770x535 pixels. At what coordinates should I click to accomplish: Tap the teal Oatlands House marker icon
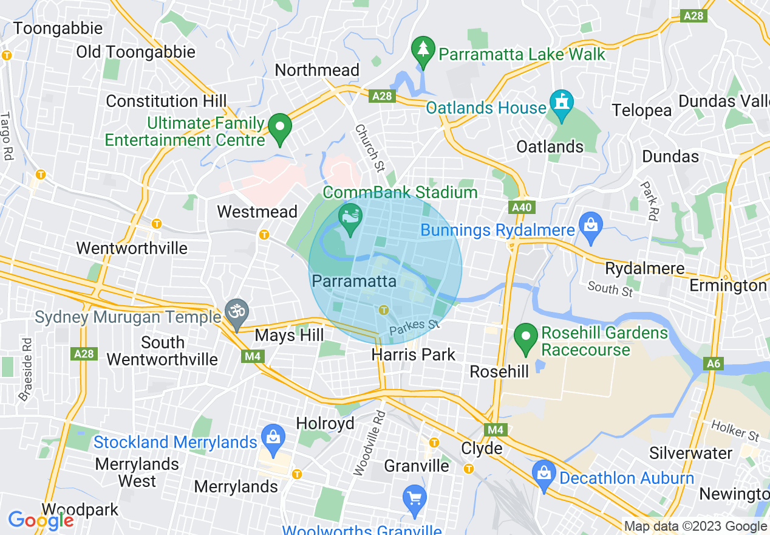561,103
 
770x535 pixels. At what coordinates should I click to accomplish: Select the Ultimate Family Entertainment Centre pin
280,127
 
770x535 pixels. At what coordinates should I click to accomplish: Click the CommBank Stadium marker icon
350,218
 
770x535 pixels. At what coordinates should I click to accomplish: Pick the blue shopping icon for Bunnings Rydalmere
590,224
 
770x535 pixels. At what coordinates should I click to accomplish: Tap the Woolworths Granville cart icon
415,500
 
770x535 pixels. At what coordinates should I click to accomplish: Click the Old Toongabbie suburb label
135,52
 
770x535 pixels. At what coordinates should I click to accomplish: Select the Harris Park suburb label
414,354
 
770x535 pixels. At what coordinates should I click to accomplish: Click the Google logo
41,520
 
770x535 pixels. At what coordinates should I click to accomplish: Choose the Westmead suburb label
257,212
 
